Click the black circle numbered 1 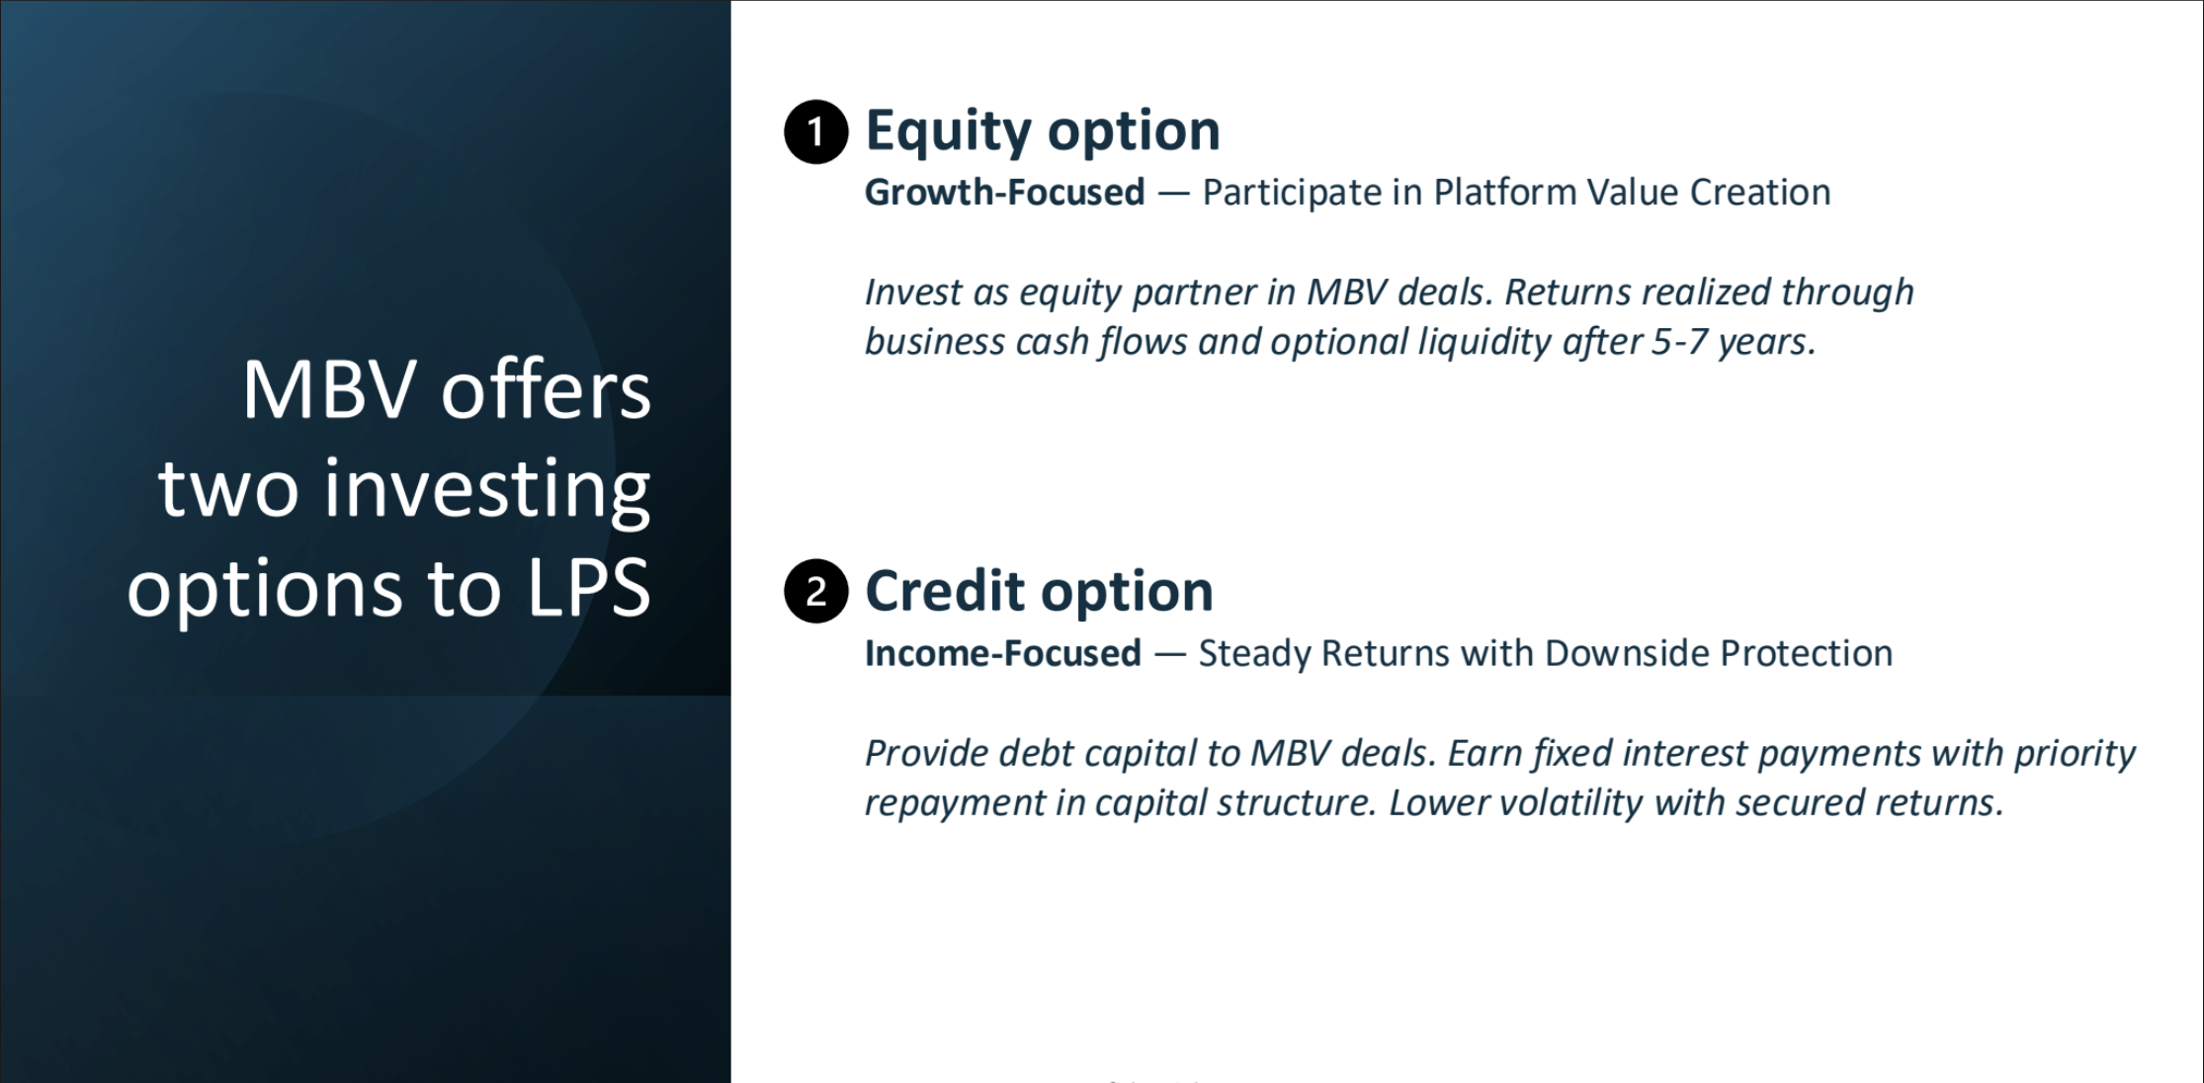click(815, 131)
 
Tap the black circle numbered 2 click(815, 592)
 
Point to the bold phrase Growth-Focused click(1004, 192)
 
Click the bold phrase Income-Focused click(1002, 653)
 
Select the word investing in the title click(486, 489)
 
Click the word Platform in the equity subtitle click(1504, 192)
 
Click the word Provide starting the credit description click(926, 753)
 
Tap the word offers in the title click(546, 390)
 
